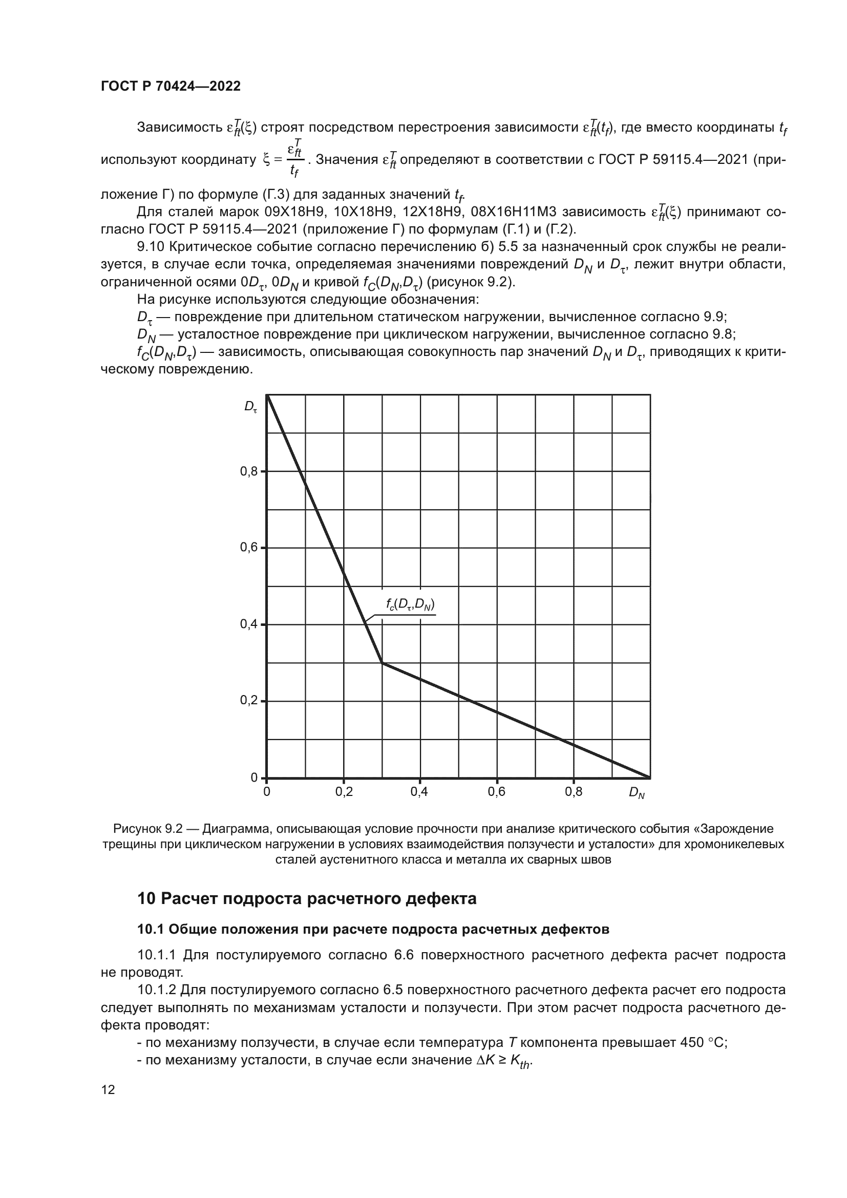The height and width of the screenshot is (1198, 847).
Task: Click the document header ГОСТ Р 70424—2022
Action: coord(171,87)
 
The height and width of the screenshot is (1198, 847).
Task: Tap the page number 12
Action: coord(108,1089)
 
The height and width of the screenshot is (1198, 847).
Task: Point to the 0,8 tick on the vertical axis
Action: coord(249,471)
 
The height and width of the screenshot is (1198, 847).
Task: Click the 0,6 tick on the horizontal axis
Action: coord(496,792)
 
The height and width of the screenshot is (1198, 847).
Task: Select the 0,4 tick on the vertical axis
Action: coord(249,624)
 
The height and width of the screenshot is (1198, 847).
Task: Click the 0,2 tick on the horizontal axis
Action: coord(344,792)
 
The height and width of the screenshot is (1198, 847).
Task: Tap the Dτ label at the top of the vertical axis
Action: coord(251,407)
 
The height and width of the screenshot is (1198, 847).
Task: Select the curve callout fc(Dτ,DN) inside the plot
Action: coord(411,605)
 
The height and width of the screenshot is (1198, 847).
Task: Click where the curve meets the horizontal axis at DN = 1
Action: coord(650,777)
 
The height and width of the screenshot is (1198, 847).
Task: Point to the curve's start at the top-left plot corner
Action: coord(267,396)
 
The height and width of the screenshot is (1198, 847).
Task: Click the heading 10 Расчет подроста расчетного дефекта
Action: coord(307,899)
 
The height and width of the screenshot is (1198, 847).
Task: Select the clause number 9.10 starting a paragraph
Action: coord(151,246)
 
